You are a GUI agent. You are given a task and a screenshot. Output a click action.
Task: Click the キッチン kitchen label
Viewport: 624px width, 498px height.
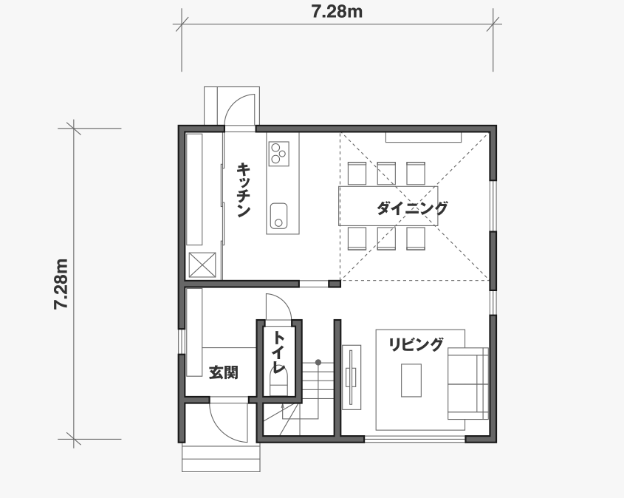244,190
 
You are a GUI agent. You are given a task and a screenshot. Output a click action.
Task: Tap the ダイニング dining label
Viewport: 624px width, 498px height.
412,208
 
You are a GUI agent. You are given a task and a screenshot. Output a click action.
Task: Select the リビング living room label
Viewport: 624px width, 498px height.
416,344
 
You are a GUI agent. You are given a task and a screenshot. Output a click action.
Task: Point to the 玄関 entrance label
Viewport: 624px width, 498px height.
224,372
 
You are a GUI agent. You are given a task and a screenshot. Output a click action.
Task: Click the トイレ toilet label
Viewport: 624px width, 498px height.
279,352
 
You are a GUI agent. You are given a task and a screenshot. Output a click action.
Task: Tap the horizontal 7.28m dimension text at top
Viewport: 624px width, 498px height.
337,12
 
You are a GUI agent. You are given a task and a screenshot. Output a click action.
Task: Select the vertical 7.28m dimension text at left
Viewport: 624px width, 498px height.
62,284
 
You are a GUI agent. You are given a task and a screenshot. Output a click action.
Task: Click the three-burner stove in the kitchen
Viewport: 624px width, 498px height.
278,154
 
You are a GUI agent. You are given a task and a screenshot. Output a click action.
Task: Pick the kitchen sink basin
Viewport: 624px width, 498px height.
278,216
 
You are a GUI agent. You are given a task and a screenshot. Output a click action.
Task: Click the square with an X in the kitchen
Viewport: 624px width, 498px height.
202,265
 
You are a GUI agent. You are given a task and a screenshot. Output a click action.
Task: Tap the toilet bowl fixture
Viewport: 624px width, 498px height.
278,381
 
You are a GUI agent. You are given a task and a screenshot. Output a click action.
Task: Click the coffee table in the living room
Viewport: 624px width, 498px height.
411,381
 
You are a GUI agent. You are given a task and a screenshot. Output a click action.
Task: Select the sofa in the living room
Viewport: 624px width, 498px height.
468,383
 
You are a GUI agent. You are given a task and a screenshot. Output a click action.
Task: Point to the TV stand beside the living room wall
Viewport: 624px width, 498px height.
352,378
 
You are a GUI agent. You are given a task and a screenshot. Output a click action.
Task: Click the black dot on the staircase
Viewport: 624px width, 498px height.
318,362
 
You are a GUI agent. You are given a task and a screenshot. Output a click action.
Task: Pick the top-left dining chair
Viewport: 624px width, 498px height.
357,173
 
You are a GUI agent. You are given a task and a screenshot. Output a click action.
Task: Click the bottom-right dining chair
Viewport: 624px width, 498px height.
416,239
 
